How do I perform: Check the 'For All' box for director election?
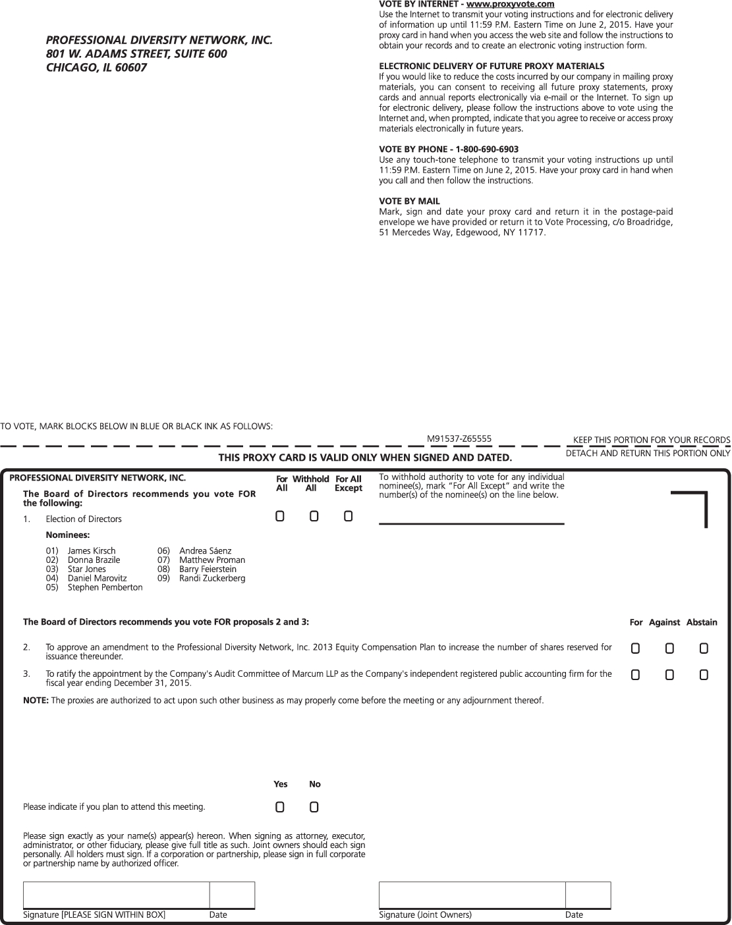point(280,516)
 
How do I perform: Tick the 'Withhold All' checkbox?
point(314,516)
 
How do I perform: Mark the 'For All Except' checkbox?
point(349,516)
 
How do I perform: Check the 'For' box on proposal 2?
point(635,648)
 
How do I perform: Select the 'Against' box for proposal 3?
point(669,675)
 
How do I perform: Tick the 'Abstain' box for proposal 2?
point(704,648)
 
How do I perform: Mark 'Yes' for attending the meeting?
point(280,806)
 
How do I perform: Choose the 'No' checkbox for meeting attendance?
point(314,806)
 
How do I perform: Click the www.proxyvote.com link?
point(510,5)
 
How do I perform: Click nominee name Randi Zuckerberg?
point(212,578)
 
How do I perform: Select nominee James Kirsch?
point(92,550)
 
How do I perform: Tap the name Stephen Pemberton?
point(105,587)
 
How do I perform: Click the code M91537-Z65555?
point(459,438)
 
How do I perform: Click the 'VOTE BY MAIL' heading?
point(409,201)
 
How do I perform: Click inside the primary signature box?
point(116,895)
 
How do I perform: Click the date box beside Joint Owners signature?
point(588,895)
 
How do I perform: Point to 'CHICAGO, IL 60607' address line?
point(96,67)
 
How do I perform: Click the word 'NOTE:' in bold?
point(36,700)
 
